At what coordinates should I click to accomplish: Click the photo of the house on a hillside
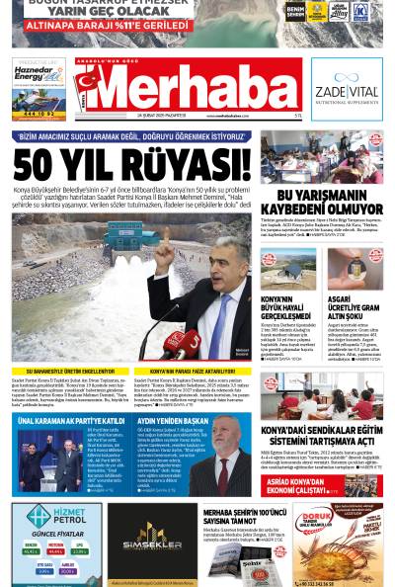click(279, 269)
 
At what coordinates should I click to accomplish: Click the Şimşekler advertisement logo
click(151, 539)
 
